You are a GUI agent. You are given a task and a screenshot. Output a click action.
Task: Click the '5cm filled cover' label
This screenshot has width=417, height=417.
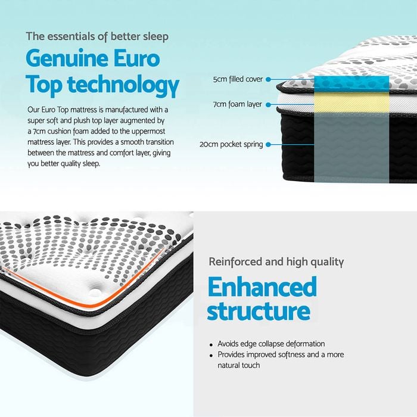[238, 79]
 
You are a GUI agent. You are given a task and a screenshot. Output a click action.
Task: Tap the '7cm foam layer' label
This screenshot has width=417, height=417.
[238, 104]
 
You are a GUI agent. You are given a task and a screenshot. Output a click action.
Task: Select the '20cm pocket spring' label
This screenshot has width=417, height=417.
[231, 144]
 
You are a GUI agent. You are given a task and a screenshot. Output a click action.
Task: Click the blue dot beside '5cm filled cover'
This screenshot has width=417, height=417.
[268, 79]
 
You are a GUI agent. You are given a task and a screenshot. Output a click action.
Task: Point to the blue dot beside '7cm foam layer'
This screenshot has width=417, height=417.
[268, 105]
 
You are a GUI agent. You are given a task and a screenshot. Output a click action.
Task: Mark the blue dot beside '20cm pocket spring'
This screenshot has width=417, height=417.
[268, 144]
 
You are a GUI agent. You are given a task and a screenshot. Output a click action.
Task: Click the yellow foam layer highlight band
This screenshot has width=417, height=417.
[351, 102]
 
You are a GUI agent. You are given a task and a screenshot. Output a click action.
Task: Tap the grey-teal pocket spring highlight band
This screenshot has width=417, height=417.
[351, 148]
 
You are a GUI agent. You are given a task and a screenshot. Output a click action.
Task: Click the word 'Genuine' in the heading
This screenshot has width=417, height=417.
[67, 59]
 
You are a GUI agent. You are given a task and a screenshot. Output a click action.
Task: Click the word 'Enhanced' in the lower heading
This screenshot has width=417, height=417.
[262, 287]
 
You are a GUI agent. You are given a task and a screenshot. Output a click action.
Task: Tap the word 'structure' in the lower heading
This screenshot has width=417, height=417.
[259, 310]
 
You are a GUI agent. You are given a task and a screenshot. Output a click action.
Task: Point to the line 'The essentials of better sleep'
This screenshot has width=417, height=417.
[97, 37]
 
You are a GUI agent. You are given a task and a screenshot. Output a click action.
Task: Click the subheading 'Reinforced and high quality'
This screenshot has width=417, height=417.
[276, 262]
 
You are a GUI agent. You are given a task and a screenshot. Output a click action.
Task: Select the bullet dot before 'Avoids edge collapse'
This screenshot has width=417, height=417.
[211, 345]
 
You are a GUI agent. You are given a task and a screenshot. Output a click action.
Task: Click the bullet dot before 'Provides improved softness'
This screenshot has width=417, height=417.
[211, 355]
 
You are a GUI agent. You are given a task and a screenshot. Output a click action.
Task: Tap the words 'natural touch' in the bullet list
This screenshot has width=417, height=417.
[238, 365]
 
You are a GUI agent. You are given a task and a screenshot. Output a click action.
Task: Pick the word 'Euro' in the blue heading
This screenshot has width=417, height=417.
[136, 59]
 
